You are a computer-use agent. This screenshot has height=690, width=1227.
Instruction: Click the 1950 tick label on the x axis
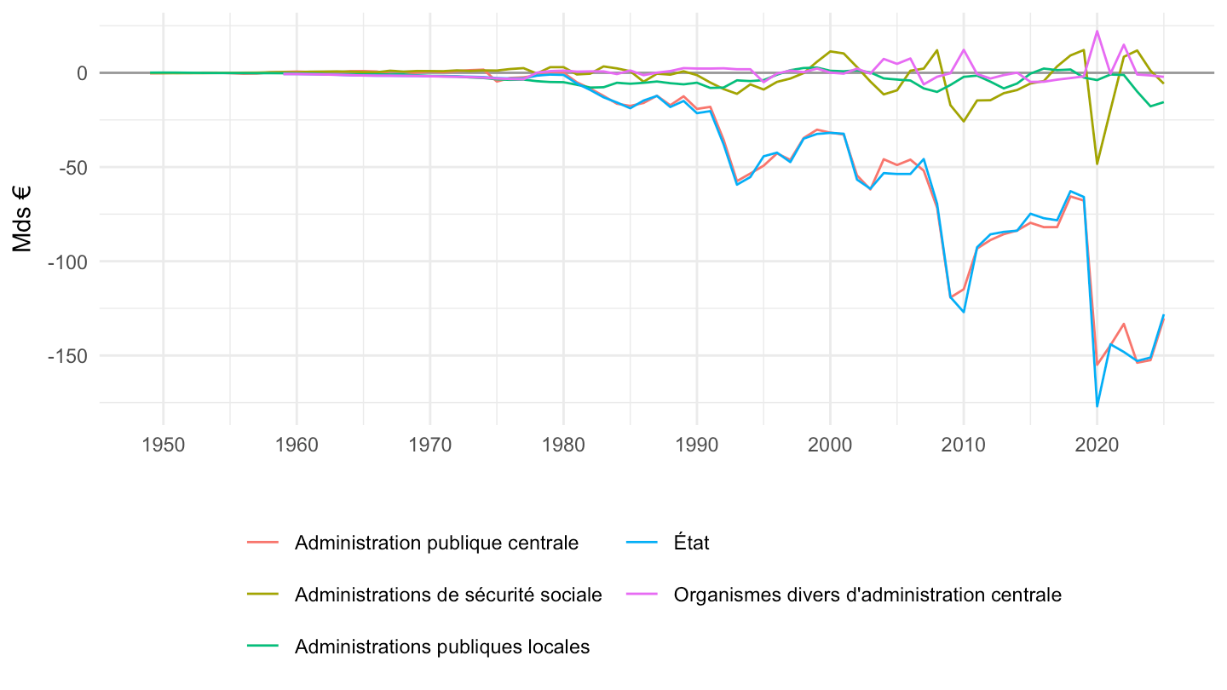(164, 446)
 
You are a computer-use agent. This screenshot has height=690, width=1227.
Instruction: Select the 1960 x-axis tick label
(297, 446)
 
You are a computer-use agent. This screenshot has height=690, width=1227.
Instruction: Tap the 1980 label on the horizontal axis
(563, 446)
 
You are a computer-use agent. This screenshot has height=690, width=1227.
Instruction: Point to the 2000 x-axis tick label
(830, 446)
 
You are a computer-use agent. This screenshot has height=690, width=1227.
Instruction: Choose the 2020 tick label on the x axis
(1097, 446)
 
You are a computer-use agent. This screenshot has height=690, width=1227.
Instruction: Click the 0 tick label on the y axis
(82, 73)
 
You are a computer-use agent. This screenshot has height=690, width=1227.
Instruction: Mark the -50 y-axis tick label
(73, 168)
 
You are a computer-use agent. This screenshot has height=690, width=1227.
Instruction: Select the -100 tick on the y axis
(67, 262)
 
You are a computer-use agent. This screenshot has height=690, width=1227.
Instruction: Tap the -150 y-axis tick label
(67, 356)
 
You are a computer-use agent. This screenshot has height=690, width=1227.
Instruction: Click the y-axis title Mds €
(22, 219)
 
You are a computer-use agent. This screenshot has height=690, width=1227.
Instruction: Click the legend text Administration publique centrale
(436, 543)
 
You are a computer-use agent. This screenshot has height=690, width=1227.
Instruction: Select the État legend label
(691, 543)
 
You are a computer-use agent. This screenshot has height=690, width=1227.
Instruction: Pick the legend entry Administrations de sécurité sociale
(448, 595)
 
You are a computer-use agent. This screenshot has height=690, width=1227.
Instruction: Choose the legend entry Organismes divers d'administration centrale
(867, 595)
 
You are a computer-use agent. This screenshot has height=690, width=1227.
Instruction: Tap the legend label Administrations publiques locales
(442, 647)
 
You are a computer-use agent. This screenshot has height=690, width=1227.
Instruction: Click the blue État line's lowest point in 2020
(1097, 406)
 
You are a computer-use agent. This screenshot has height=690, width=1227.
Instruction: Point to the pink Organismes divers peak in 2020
(1097, 31)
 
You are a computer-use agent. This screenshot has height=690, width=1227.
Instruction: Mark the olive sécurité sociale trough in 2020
(1097, 164)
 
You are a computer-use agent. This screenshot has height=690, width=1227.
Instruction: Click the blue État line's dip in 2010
(964, 312)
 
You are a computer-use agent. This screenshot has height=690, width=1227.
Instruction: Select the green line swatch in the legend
(263, 647)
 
